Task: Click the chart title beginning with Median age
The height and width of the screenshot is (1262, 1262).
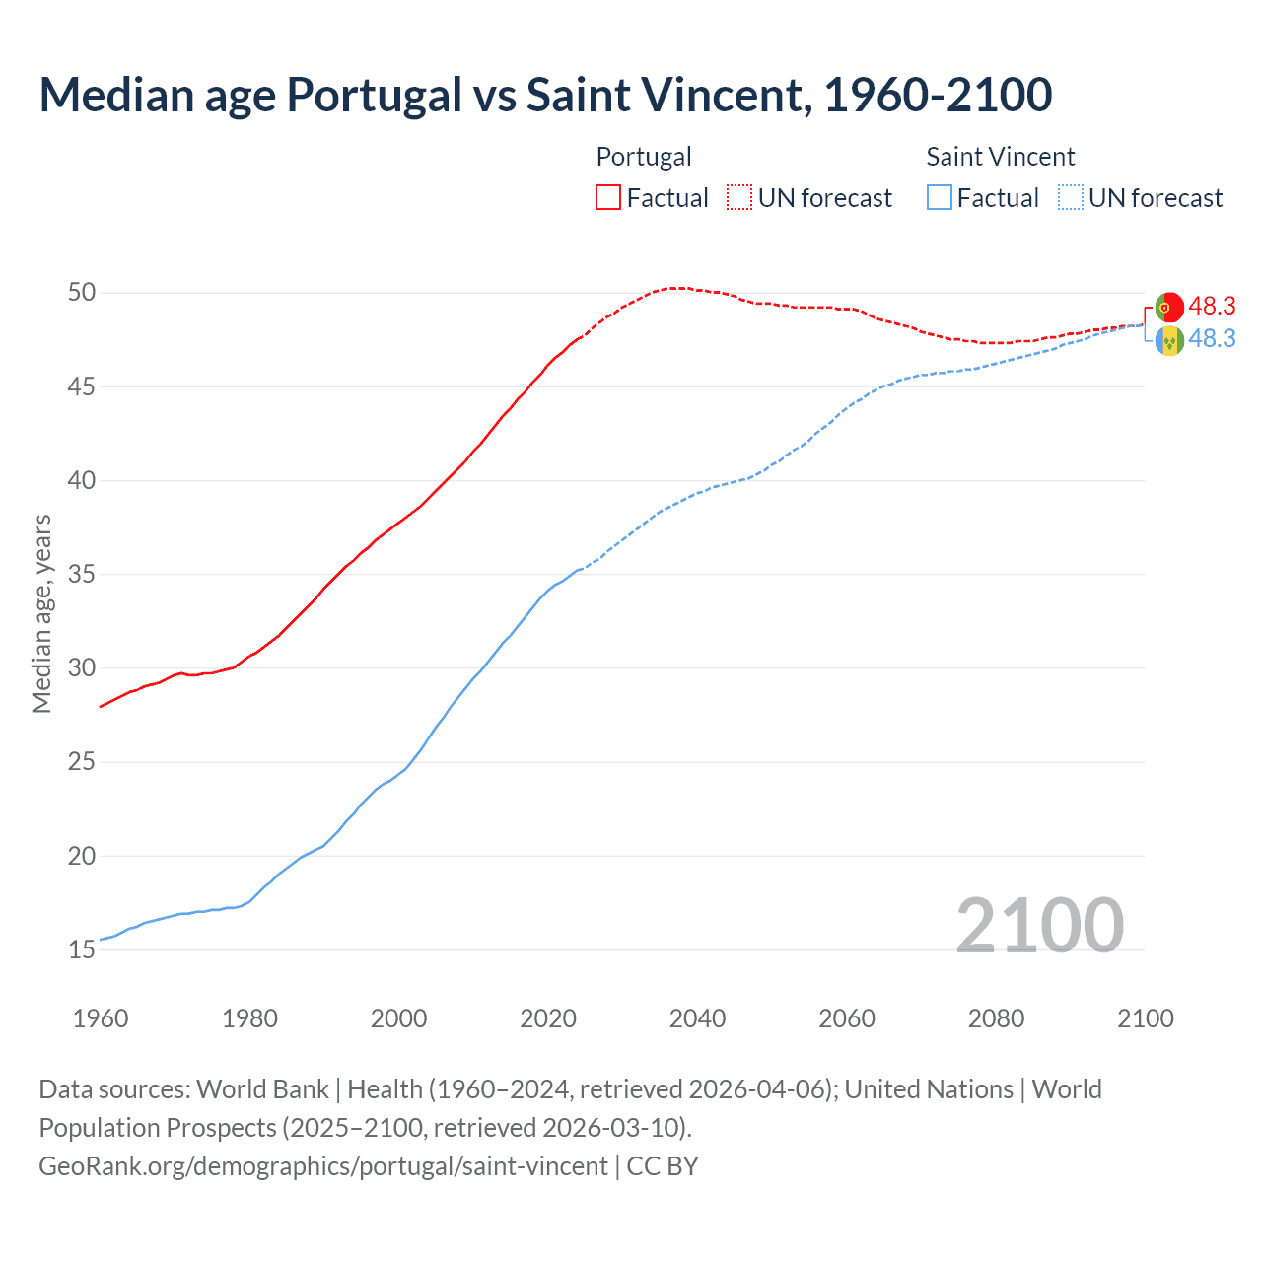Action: tap(545, 95)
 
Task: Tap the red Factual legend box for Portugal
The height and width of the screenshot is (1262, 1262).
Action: tap(608, 197)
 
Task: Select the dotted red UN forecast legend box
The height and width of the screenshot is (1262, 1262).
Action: tap(739, 197)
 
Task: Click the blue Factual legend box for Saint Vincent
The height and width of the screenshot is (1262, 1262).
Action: tap(940, 197)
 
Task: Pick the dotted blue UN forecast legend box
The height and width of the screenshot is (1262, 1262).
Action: tap(1071, 197)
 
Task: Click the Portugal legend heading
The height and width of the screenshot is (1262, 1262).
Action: tap(644, 157)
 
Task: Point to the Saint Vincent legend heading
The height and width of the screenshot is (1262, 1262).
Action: tap(1000, 157)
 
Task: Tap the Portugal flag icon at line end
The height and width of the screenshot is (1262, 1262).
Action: tap(1168, 307)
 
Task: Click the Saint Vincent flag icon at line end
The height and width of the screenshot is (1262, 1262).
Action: tap(1168, 341)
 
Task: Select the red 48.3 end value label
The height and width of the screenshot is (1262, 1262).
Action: tap(1212, 307)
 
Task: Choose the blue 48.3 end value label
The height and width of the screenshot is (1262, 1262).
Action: tap(1212, 338)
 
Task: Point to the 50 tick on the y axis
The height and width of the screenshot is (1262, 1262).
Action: tap(82, 293)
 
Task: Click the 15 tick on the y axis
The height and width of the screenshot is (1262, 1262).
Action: tap(82, 950)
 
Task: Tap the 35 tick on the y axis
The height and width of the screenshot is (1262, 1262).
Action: tap(82, 575)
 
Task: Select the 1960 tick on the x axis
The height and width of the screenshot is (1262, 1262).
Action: tap(101, 1018)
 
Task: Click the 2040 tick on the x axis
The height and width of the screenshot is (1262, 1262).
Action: tap(697, 1018)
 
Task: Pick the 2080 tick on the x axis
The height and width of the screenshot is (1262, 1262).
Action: tap(996, 1018)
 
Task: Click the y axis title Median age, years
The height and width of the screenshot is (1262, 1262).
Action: tap(41, 613)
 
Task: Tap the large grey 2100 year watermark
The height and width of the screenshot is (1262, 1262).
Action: tap(1039, 925)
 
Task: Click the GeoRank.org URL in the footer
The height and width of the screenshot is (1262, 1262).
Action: tap(323, 1166)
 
